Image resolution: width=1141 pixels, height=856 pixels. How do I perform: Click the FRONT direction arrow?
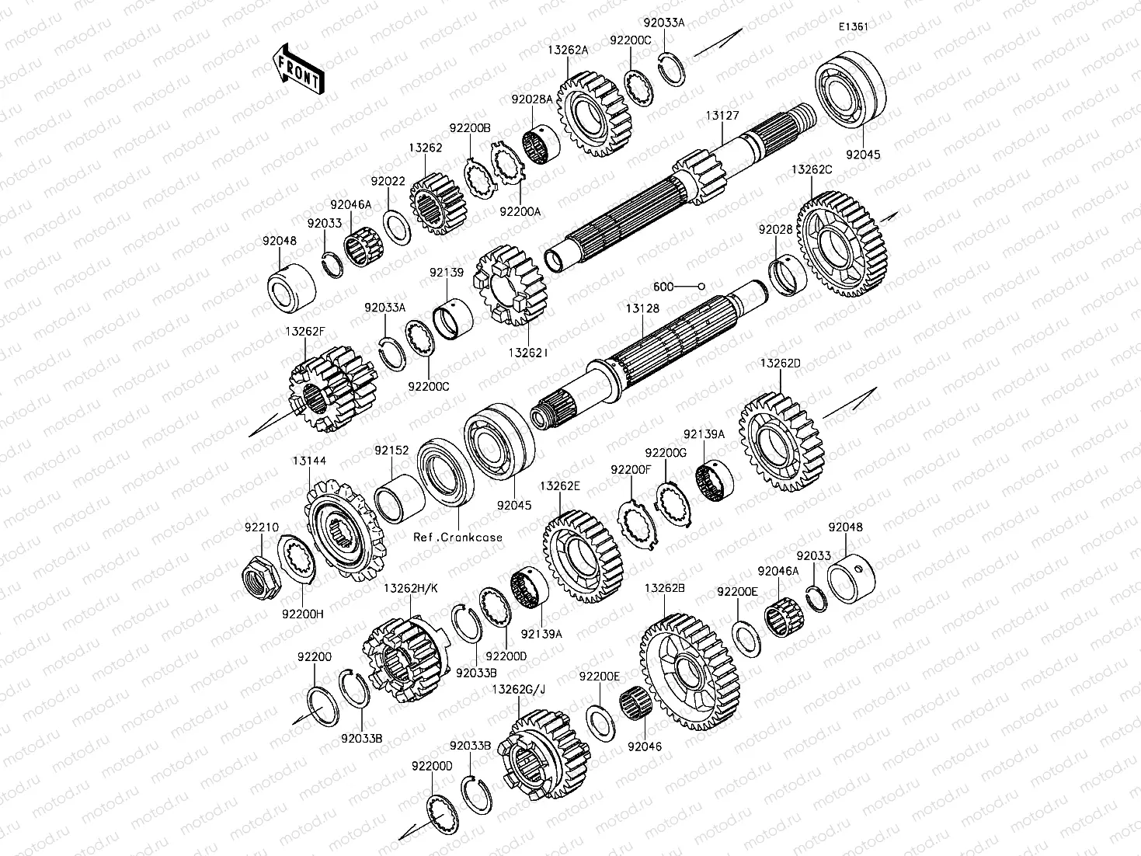click(x=298, y=68)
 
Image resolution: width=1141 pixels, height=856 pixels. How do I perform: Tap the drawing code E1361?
click(x=853, y=26)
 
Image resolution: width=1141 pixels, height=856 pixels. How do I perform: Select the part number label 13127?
click(x=722, y=116)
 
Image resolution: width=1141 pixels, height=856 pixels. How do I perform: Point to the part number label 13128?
click(x=642, y=308)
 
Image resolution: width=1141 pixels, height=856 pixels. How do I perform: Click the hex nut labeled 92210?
click(x=261, y=577)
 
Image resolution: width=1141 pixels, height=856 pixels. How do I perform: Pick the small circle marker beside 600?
click(x=701, y=287)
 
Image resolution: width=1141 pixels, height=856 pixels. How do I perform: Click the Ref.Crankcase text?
click(x=458, y=538)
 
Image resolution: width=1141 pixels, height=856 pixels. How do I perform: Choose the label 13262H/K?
click(x=411, y=588)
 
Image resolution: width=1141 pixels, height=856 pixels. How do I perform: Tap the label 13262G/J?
click(x=519, y=689)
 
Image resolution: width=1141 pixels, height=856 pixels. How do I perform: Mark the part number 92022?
click(x=388, y=182)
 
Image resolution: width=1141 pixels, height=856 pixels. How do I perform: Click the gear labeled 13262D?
click(x=781, y=442)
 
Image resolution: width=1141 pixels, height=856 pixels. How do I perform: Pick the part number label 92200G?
click(x=666, y=453)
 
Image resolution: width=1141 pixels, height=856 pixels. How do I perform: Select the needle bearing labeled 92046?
click(x=636, y=706)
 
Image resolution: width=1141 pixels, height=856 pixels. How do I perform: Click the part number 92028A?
click(x=532, y=99)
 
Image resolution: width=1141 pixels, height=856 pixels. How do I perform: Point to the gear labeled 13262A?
click(x=594, y=114)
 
